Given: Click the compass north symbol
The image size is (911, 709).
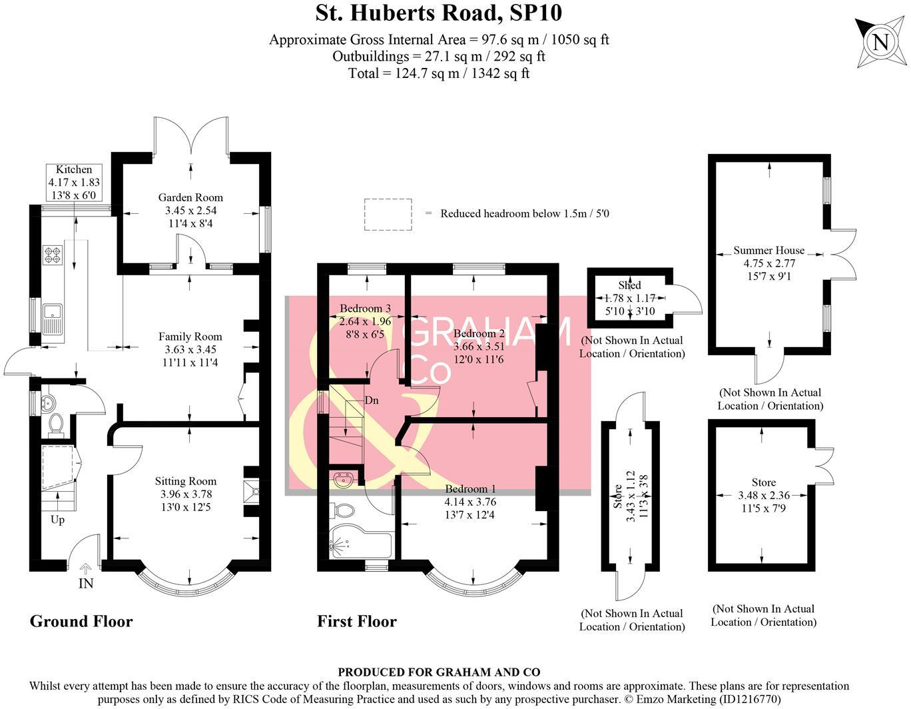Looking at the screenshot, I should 880,42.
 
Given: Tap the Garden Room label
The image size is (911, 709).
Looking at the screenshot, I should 190,197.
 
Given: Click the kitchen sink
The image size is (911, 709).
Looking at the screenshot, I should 52,318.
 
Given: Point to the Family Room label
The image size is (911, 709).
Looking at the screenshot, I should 190,337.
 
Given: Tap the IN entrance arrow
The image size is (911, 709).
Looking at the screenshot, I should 86,569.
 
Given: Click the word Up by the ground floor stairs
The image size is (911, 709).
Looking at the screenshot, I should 57,519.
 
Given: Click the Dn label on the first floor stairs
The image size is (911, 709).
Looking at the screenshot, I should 372,400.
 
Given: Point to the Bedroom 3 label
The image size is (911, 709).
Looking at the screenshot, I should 365,309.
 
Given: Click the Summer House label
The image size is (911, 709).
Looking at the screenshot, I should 769,251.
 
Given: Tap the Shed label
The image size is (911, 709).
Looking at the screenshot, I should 629,285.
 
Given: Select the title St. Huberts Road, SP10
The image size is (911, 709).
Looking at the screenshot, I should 439,13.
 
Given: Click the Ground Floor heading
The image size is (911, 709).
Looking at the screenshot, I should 81,621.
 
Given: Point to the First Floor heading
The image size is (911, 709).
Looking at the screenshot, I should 357,621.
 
